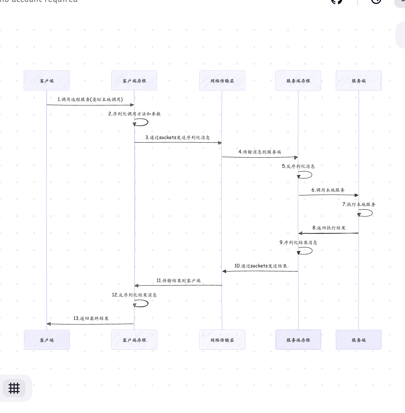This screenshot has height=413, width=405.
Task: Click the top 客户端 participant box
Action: tap(47, 81)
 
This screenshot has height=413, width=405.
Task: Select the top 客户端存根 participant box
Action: tap(134, 81)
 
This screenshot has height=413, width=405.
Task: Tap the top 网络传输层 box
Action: tap(222, 81)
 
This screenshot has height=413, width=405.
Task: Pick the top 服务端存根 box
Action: tap(298, 81)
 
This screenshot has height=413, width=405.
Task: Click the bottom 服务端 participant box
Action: tap(358, 340)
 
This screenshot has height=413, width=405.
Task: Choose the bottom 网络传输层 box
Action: tap(222, 340)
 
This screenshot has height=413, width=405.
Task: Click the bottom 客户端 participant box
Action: tap(47, 340)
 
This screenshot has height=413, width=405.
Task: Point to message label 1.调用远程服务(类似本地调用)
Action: tap(90, 99)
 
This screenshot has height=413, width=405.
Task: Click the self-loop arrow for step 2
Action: tap(143, 122)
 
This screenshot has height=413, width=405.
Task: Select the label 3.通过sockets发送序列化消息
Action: tap(178, 137)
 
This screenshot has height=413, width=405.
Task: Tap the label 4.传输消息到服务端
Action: tap(260, 152)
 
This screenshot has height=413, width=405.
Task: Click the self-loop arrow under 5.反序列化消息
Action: tap(307, 175)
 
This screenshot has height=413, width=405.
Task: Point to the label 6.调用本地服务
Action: tap(328, 190)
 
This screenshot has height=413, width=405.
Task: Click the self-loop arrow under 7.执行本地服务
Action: tap(367, 213)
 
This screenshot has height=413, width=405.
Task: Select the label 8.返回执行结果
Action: tap(329, 228)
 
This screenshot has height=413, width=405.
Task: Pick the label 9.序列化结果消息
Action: tap(298, 242)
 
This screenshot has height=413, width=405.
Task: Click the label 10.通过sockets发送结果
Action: tap(261, 266)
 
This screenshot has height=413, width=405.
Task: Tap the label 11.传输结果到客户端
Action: tap(178, 280)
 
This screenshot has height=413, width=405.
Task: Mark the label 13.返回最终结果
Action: tap(91, 318)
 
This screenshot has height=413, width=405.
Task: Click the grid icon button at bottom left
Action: tap(14, 388)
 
